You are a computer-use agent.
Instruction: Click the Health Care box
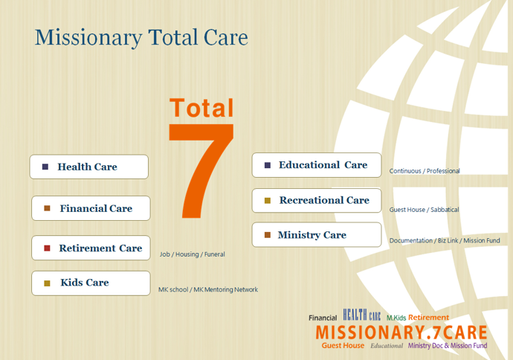(x=89, y=167)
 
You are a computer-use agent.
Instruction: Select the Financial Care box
(x=91, y=208)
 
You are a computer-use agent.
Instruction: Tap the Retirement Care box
(x=91, y=248)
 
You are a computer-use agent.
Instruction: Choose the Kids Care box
(x=91, y=283)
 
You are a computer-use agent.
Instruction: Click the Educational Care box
(x=317, y=165)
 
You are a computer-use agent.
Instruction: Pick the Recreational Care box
(x=317, y=200)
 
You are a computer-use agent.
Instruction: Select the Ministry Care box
(x=317, y=234)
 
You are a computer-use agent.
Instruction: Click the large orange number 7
(x=201, y=171)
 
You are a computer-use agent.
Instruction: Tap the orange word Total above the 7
(x=201, y=108)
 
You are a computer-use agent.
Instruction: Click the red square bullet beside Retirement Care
(x=47, y=248)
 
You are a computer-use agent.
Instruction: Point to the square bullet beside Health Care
(x=45, y=167)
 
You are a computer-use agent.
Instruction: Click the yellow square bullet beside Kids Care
(x=47, y=283)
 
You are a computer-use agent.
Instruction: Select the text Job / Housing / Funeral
(x=192, y=254)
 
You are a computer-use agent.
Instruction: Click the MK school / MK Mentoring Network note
(x=208, y=289)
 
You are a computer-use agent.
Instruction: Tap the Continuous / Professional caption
(x=425, y=171)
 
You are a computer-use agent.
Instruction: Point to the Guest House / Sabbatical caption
(x=424, y=210)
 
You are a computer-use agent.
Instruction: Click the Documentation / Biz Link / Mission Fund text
(x=445, y=240)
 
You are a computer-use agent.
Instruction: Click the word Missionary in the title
(x=88, y=38)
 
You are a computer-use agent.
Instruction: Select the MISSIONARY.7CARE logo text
(x=401, y=332)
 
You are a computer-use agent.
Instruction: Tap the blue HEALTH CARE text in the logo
(x=362, y=315)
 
